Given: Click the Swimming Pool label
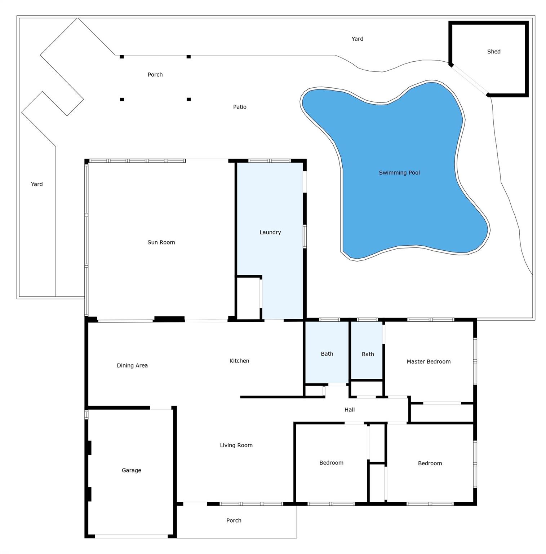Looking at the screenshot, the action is point(399,173).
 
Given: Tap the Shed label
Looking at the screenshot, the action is point(493,52).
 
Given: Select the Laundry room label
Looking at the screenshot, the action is point(270,232).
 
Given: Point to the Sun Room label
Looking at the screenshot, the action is point(161,242).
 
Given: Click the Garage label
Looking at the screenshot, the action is point(131,470).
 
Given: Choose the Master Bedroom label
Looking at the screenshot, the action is point(429,361).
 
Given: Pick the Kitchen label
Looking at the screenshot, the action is point(239,361).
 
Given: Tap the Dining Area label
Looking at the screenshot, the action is point(132,366).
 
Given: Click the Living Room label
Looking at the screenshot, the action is point(236,445).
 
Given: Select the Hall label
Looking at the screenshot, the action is point(349,410).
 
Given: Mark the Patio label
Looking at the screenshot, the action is point(240,107).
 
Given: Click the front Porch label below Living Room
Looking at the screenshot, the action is point(234,520).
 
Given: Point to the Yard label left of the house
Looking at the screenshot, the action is point(37,184).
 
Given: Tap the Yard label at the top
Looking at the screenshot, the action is point(357,39).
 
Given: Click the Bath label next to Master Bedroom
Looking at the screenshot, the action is point(368,354).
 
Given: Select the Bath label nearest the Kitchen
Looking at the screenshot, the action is point(327,354).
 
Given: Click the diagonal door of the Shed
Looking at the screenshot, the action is point(470,80).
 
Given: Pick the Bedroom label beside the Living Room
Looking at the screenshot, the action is point(331,463).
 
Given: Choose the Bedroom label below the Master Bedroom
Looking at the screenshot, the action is point(430,463).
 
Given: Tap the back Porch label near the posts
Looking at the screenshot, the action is point(155,75).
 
